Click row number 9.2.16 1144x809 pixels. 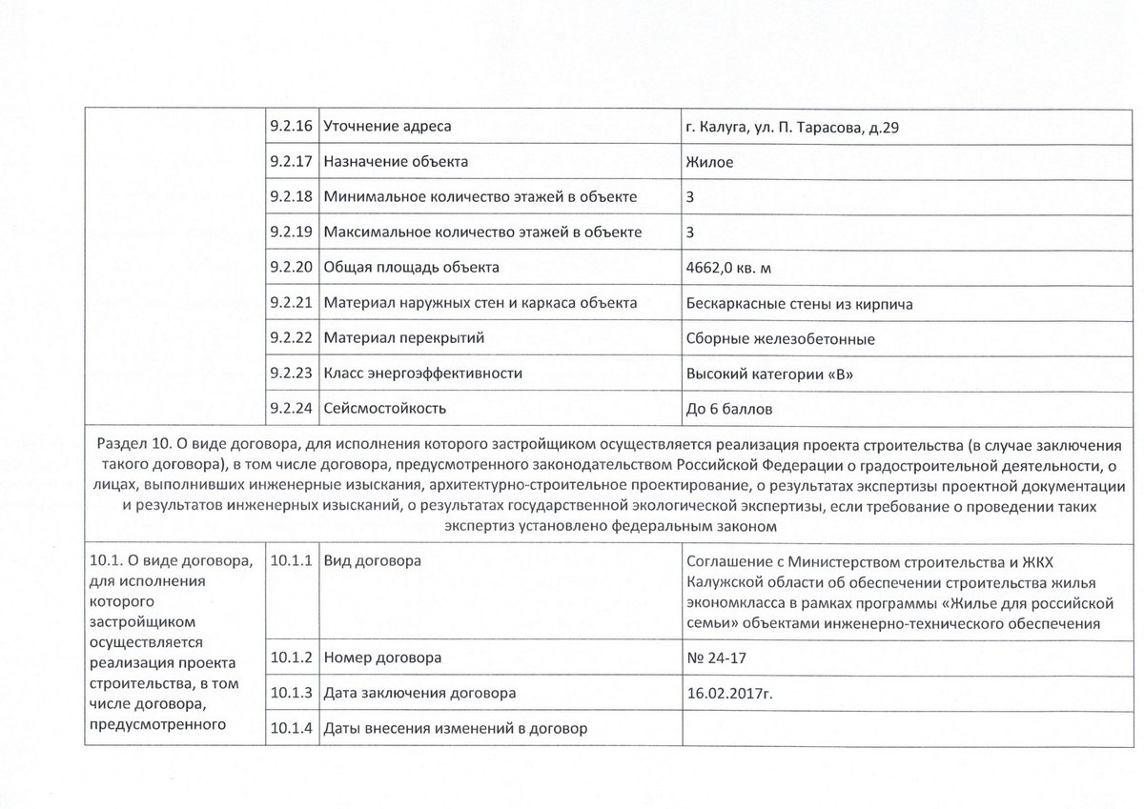pos(292,126)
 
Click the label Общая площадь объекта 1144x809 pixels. pos(412,267)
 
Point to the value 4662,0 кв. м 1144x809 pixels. pos(728,268)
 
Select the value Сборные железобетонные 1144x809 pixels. pos(780,338)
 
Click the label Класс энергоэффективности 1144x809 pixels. pos(423,374)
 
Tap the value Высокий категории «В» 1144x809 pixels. pos(768,374)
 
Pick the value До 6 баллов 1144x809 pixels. pos(728,409)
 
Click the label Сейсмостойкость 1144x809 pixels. pos(385,409)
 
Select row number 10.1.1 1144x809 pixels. pos(292,560)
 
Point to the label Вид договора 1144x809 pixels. pos(373,560)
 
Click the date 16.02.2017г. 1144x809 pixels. pos(728,693)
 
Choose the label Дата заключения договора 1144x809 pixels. pos(420,693)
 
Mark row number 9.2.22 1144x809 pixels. pos(292,338)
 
